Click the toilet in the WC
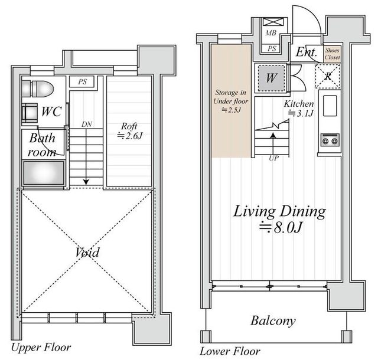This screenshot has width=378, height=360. [38, 89]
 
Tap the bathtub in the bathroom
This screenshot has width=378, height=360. [44, 173]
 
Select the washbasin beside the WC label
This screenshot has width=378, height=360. [30, 113]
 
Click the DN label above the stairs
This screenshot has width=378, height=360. [87, 124]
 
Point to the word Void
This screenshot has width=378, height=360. [87, 252]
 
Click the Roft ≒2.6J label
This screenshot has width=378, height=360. [129, 131]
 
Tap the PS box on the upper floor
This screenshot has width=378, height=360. [82, 81]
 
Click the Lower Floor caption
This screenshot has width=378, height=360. [230, 351]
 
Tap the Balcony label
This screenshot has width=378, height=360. [273, 321]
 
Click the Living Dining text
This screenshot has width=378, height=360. [279, 211]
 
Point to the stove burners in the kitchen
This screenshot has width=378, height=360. [330, 140]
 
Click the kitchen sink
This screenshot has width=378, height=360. [330, 106]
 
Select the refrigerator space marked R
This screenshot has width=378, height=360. [328, 76]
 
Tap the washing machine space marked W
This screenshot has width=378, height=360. [271, 77]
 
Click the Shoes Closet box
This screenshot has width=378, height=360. [332, 54]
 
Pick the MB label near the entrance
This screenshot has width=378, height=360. [271, 33]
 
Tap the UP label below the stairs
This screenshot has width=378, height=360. [273, 158]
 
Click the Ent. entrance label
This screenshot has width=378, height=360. [306, 52]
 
